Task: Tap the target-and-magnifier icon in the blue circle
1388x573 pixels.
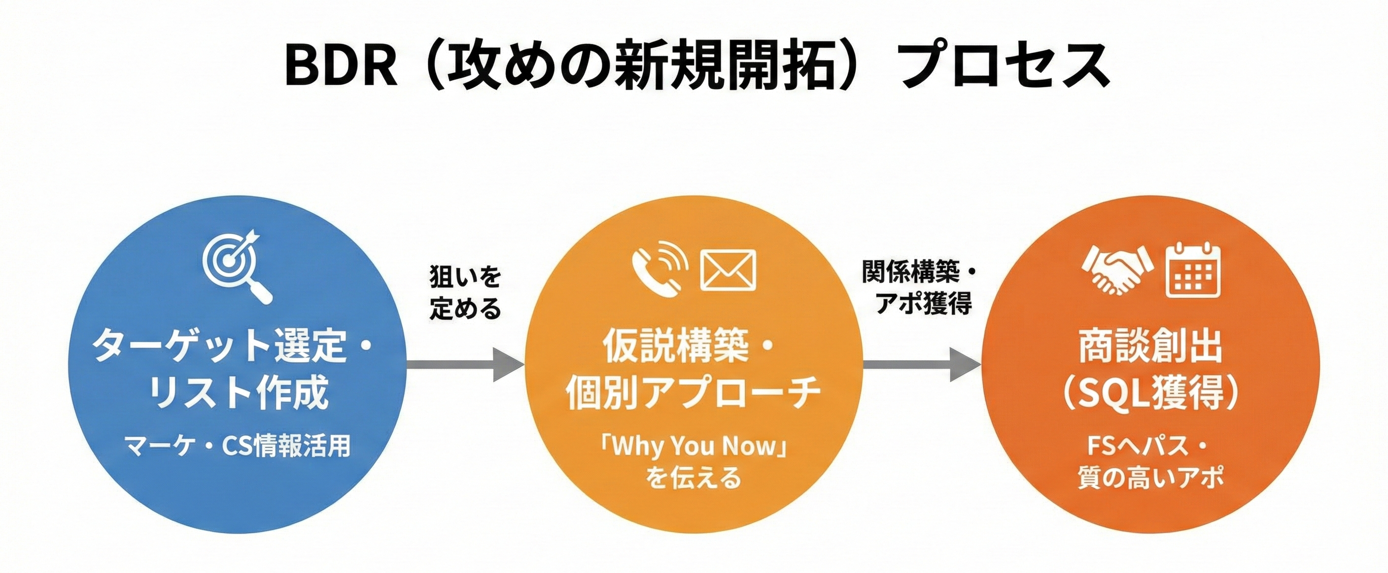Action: click(x=237, y=267)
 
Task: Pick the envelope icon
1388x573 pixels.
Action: click(x=728, y=270)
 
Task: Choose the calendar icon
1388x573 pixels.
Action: click(x=1193, y=270)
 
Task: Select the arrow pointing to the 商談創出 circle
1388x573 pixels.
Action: click(x=921, y=365)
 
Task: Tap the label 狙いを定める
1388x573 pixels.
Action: click(x=465, y=293)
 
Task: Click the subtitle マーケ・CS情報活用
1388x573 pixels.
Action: click(x=237, y=446)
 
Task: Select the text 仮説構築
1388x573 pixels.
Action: click(x=675, y=345)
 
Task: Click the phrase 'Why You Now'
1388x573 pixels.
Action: click(x=694, y=446)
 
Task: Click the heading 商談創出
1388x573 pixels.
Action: click(x=1150, y=346)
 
